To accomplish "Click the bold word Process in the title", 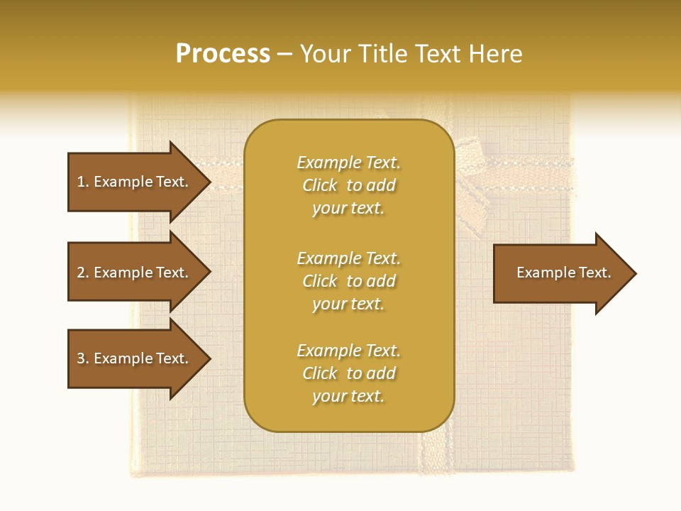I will coord(223,54).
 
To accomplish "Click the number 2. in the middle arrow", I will coord(82,273).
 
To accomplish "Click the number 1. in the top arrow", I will coord(82,182).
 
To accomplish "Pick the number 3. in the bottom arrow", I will coord(82,358).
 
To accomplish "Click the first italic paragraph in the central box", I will coord(348,185).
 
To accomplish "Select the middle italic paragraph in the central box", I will coord(348,281).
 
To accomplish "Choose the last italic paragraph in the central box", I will coord(348,373).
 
